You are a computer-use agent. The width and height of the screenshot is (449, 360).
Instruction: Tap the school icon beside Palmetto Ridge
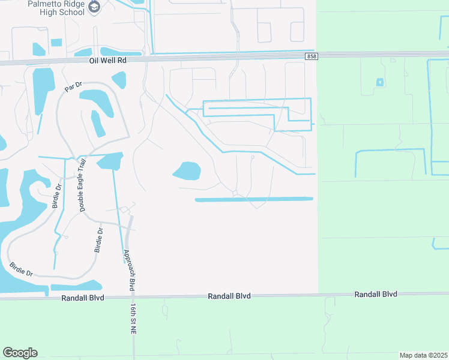click(94, 7)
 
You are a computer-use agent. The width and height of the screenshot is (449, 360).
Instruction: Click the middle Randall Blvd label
click(229, 296)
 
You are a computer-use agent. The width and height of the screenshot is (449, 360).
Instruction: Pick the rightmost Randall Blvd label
click(376, 295)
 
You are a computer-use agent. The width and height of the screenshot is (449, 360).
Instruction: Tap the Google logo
click(20, 353)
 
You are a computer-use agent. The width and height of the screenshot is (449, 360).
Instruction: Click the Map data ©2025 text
click(423, 355)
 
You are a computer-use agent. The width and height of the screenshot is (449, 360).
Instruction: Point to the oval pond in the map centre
click(187, 171)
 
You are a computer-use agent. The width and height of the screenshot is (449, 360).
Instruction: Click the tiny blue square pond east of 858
click(379, 82)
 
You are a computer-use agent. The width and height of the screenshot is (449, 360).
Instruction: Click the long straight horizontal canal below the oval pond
click(254, 199)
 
